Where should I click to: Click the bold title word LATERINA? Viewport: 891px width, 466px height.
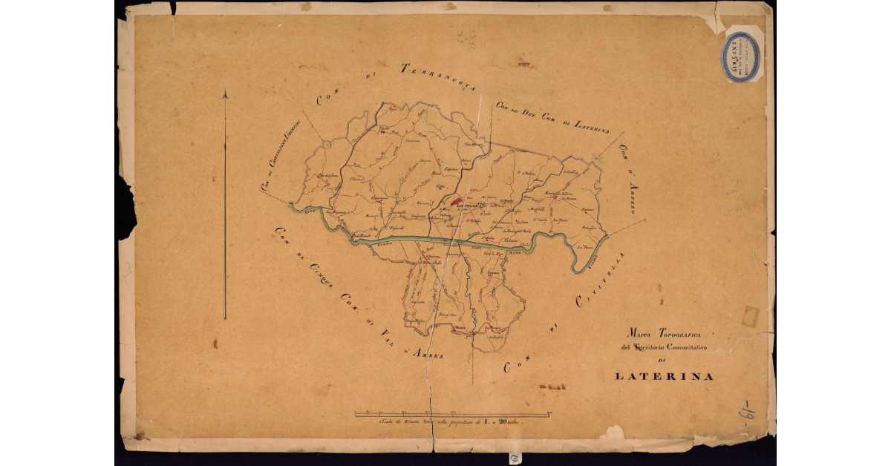coord(665,376)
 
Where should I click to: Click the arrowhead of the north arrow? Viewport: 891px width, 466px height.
coord(225,94)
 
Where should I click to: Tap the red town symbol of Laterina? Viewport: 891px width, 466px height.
coord(455,200)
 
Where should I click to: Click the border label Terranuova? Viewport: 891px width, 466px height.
coord(437,71)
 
